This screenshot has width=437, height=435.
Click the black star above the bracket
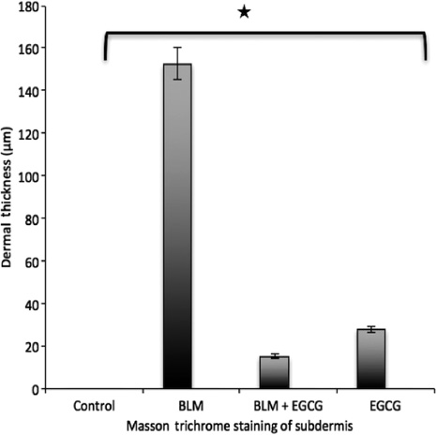point(244,12)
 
